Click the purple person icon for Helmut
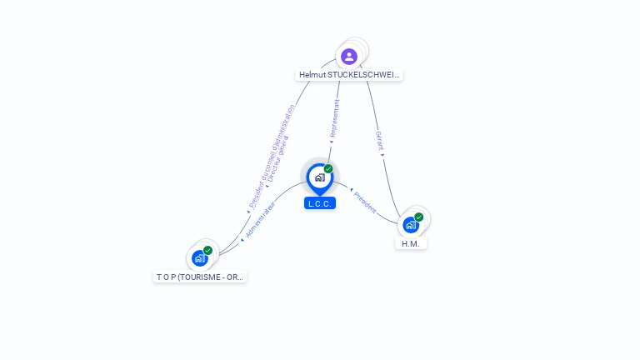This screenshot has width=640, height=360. pyautogui.click(x=349, y=57)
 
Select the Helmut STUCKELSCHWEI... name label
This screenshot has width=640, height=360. pyautogui.click(x=349, y=75)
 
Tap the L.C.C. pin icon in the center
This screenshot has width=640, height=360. pyautogui.click(x=319, y=177)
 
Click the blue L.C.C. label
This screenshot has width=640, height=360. pyautogui.click(x=320, y=203)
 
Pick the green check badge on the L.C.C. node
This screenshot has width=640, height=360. pyautogui.click(x=328, y=169)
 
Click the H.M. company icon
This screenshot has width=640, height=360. pyautogui.click(x=410, y=225)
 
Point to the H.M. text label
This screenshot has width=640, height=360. pyautogui.click(x=410, y=244)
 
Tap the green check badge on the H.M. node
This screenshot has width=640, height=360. pyautogui.click(x=419, y=217)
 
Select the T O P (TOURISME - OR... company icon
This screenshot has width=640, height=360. pyautogui.click(x=199, y=258)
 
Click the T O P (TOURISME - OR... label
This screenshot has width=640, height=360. pyautogui.click(x=200, y=277)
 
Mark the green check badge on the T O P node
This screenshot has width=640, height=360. pyautogui.click(x=208, y=250)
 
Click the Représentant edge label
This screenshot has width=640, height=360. pyautogui.click(x=335, y=117)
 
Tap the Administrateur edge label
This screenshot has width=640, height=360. pyautogui.click(x=261, y=218)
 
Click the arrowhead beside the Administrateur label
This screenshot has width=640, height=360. pyautogui.click(x=242, y=240)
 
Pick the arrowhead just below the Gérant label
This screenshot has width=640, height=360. pyautogui.click(x=382, y=154)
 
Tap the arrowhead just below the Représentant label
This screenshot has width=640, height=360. pyautogui.click(x=332, y=142)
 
